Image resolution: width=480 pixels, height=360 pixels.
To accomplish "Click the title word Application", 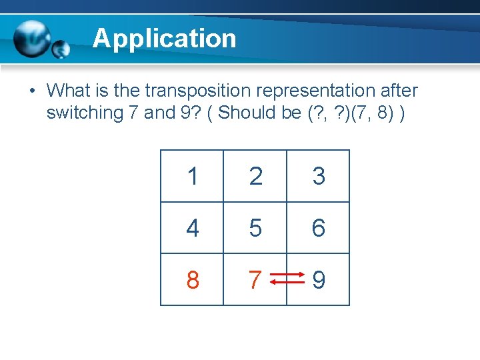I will [x=164, y=39].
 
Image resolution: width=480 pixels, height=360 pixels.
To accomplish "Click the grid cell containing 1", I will [x=192, y=177].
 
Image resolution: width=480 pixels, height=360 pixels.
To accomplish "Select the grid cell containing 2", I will [x=255, y=177].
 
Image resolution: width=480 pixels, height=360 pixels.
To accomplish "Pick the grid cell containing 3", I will [x=318, y=177].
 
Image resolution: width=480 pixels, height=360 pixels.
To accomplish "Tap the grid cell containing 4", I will [x=192, y=229].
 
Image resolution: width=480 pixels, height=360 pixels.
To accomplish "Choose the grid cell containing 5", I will [x=255, y=229].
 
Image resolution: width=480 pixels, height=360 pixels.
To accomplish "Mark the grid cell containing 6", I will [x=318, y=229].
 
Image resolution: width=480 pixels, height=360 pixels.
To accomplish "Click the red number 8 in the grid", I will [x=192, y=281].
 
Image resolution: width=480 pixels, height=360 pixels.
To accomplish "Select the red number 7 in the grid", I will [x=254, y=281].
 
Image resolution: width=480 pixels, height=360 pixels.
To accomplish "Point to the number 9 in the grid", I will [x=319, y=281].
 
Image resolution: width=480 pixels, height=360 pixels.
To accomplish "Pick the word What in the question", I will [x=69, y=90].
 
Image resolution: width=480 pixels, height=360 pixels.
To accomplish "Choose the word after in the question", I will [x=399, y=90].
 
